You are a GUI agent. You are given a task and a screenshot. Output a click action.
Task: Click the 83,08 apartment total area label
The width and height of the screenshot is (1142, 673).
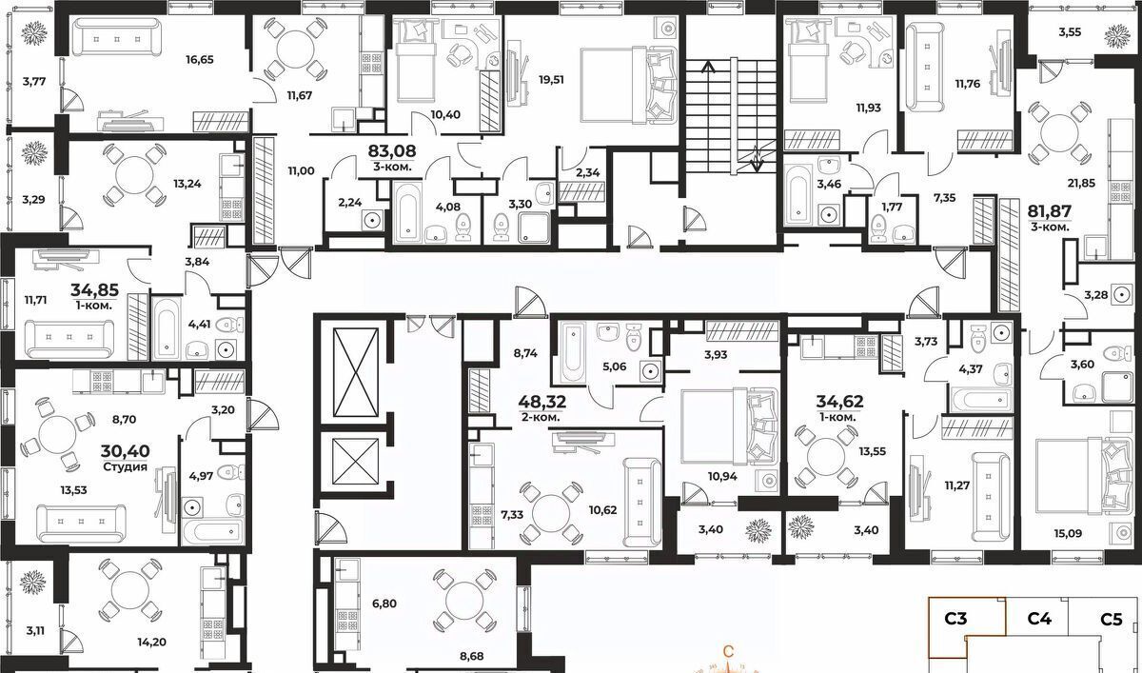[x=392, y=151]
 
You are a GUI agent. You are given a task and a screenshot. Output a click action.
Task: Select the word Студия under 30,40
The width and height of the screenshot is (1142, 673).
[x=125, y=467]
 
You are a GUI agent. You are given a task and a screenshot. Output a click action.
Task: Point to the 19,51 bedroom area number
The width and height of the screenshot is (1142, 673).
[x=552, y=80]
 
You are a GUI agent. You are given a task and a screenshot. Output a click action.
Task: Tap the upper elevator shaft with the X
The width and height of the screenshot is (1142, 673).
[x=355, y=373]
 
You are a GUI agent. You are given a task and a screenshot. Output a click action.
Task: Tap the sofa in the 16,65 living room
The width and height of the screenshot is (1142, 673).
[x=115, y=36]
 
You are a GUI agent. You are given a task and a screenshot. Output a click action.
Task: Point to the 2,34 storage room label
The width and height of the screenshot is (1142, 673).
[x=588, y=172]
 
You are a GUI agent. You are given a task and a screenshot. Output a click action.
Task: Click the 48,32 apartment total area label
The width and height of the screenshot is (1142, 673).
[x=541, y=402]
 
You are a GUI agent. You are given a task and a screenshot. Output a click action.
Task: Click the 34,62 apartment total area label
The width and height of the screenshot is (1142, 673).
[x=839, y=402]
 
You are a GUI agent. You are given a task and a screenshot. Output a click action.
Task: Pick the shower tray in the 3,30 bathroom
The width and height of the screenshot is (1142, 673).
[x=534, y=228]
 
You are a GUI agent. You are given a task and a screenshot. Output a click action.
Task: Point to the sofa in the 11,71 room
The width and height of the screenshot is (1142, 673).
[x=69, y=339]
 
